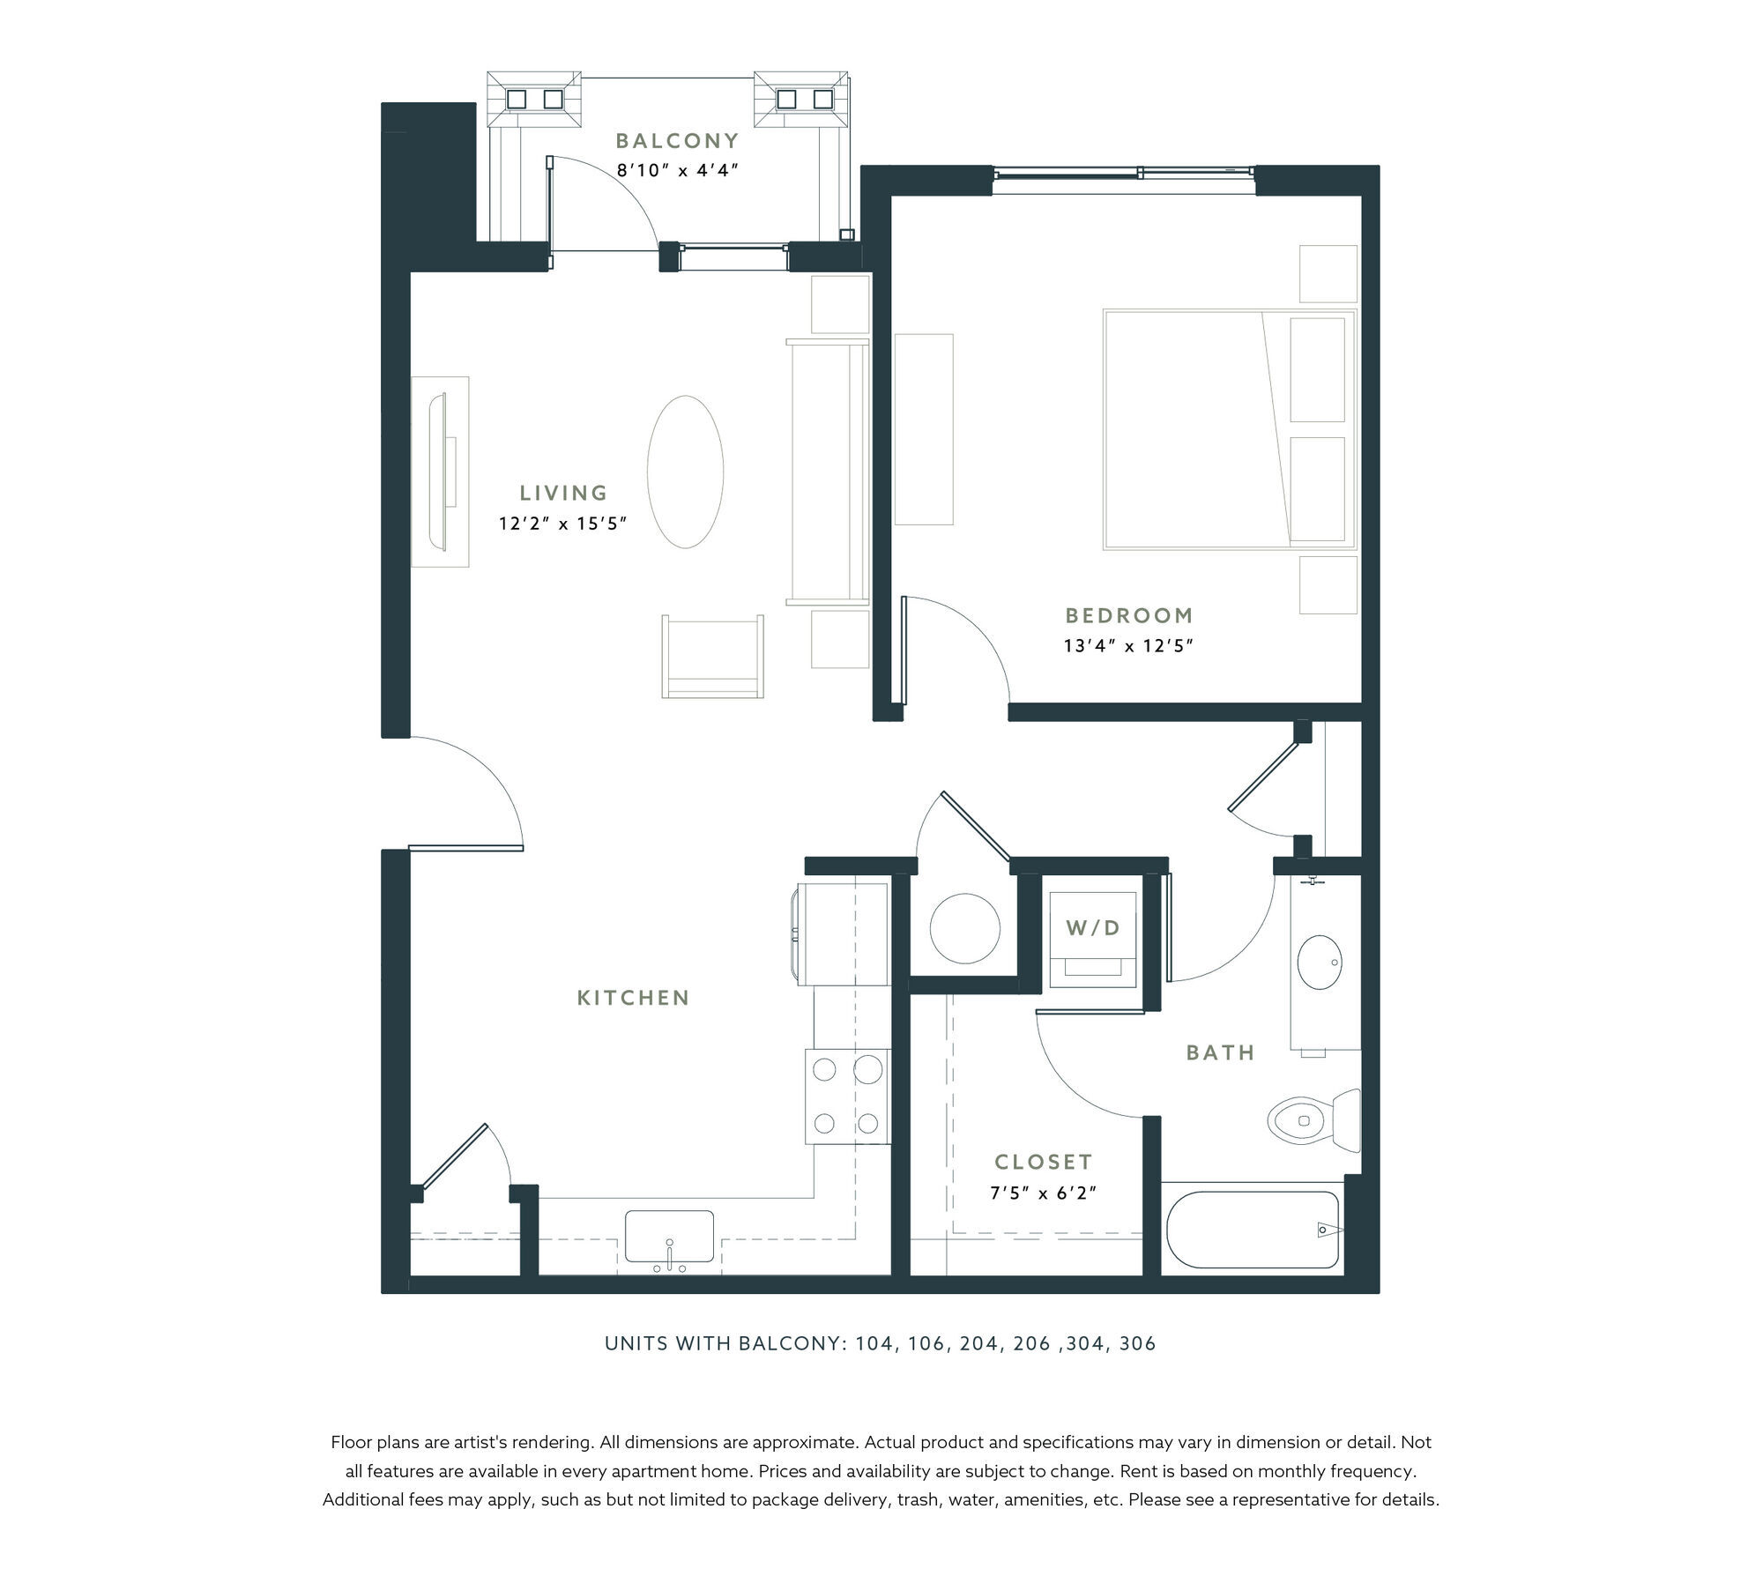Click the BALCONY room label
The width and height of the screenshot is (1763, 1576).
677,140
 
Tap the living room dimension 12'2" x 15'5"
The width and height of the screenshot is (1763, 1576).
562,524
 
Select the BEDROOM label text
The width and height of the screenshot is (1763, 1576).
1128,615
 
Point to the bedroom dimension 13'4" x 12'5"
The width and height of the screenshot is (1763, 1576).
1128,646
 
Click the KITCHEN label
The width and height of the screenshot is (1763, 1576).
633,998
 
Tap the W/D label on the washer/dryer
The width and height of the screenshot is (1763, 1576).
1092,927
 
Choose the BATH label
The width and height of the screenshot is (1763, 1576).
1220,1052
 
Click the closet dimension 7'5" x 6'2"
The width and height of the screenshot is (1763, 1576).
1043,1193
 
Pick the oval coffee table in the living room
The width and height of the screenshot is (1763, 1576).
685,472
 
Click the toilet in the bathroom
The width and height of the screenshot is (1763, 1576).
1313,1120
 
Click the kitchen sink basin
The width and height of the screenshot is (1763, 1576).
669,1236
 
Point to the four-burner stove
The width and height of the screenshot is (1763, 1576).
846,1097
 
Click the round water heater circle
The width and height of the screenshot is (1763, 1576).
965,929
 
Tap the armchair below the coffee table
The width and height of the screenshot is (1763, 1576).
712,656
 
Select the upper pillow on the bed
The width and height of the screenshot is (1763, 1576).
1318,369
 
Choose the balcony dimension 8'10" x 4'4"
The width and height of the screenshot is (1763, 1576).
677,170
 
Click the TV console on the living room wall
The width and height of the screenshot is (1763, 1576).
440,472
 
